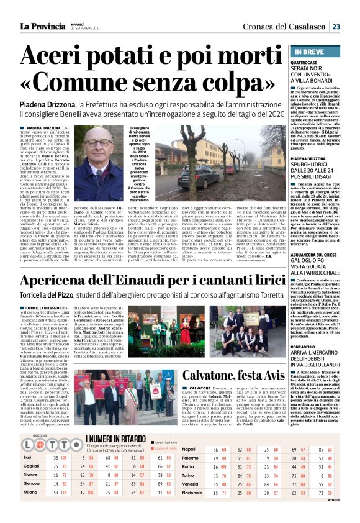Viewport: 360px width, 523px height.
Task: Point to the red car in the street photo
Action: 229,170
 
